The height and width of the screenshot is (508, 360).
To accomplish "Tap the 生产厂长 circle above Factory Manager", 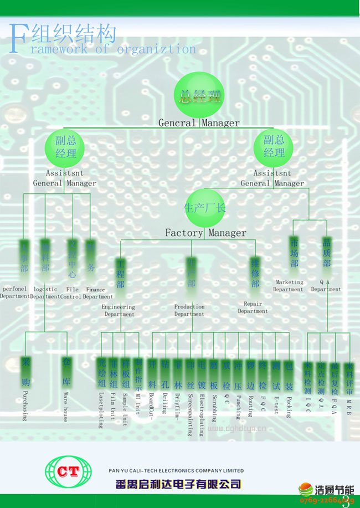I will (205, 208).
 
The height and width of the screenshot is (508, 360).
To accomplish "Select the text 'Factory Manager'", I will (205, 233).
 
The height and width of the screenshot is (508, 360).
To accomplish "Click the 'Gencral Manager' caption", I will (199, 123).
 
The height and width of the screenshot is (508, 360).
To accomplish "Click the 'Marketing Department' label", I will (288, 286).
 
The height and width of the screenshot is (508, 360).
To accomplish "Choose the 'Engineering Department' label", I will (119, 310).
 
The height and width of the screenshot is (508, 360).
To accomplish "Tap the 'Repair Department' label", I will (253, 307).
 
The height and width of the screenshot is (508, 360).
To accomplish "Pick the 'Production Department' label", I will (189, 310).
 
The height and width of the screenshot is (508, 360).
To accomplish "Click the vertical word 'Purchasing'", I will (25, 406).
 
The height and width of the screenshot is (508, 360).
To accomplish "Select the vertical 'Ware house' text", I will (65, 407).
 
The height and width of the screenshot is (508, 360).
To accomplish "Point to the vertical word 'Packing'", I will (289, 407).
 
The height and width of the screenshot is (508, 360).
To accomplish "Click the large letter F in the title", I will (18, 39).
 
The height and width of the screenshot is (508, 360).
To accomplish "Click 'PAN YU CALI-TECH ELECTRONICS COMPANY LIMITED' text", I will (176, 471).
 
